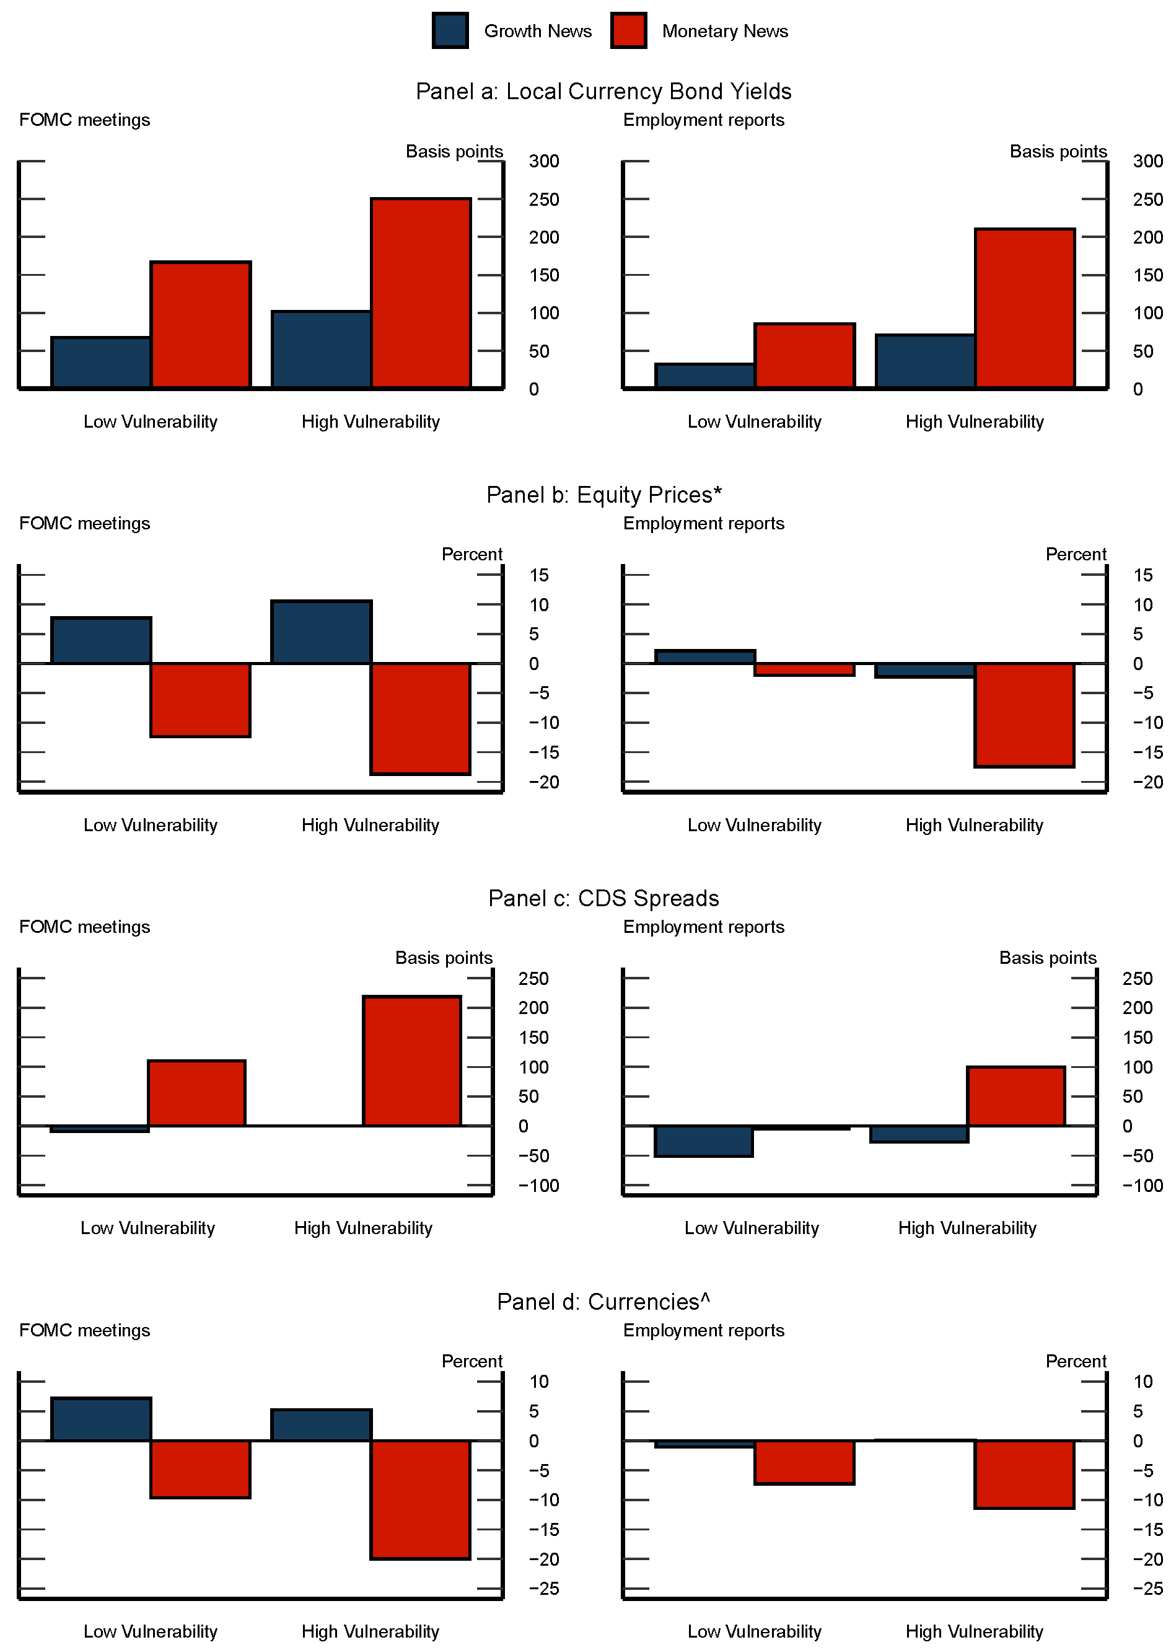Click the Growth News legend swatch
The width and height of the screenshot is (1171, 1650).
450,30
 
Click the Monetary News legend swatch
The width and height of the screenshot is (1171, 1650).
628,30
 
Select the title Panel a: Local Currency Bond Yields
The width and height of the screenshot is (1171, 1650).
603,92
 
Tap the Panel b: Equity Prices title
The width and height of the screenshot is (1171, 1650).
603,495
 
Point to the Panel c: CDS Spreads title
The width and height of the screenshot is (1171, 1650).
603,898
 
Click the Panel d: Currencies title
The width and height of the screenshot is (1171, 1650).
603,1302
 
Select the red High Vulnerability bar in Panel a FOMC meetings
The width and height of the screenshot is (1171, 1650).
421,293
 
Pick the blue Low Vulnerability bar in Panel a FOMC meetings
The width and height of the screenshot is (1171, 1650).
101,362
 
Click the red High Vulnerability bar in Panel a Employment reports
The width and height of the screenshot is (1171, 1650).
1025,308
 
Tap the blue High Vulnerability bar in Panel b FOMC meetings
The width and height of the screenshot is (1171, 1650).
322,632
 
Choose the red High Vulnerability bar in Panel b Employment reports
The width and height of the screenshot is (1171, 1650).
1024,715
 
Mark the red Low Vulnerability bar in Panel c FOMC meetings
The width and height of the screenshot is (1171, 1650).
197,1093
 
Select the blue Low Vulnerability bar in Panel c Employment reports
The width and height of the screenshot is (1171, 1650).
704,1141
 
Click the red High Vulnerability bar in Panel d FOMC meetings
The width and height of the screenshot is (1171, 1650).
420,1499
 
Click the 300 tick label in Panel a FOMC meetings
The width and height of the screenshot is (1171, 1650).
544,162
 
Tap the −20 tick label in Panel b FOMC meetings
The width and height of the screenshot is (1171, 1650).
544,782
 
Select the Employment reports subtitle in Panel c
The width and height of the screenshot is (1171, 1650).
703,927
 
